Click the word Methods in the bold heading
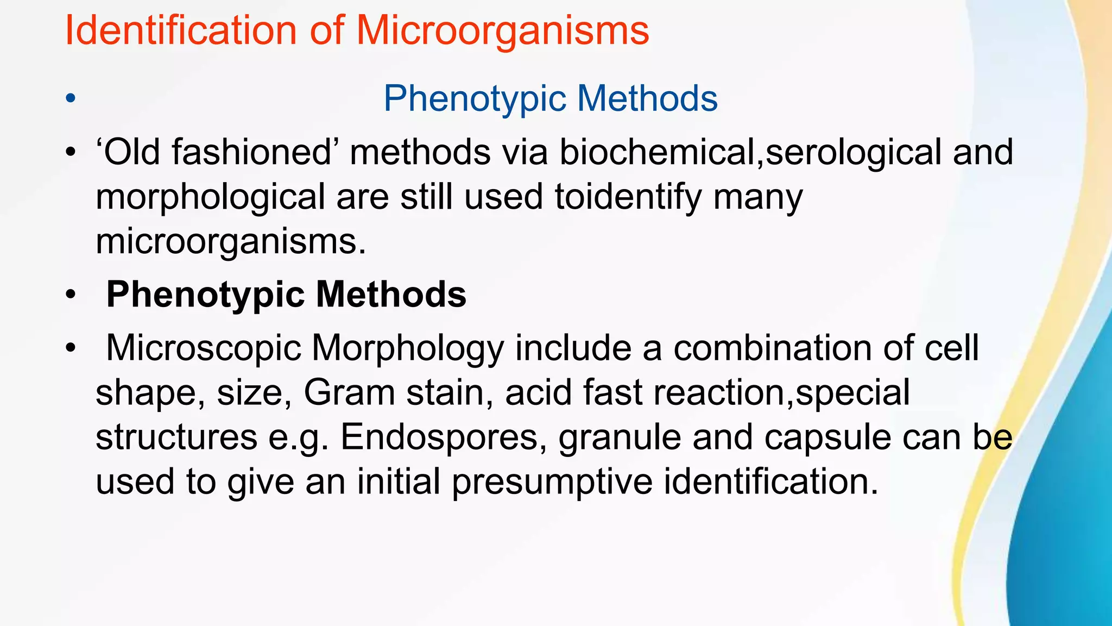[391, 294]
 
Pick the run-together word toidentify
[628, 197]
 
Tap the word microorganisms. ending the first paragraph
[231, 242]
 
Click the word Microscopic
[204, 348]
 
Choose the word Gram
[349, 392]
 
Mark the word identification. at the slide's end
[771, 481]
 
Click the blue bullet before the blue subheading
[70, 99]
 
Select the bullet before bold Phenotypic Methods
[70, 295]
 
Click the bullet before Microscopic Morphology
[70, 348]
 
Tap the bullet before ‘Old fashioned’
[70, 152]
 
